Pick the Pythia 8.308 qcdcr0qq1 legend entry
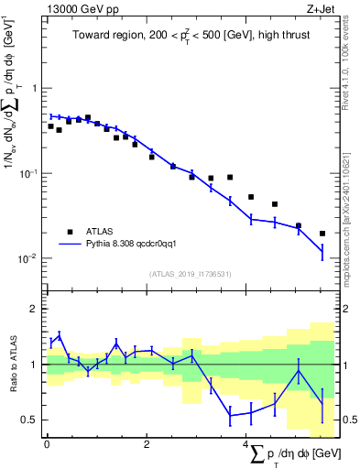[x=132, y=244]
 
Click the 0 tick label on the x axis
[x=47, y=445]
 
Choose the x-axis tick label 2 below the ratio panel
[x=147, y=445]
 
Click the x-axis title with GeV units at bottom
[x=294, y=454]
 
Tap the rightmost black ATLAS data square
[x=322, y=234]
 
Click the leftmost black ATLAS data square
[x=51, y=126]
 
